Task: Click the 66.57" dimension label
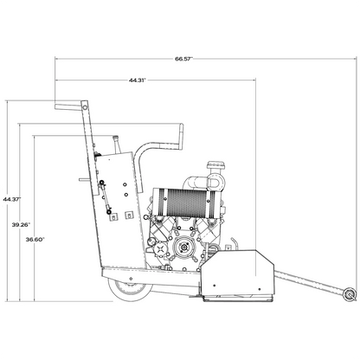coord(183,59)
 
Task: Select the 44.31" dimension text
coord(137,80)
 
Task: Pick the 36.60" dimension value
coord(35,239)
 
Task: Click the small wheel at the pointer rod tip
coord(349,295)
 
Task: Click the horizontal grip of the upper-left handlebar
coord(69,106)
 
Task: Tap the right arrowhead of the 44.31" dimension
coord(256,80)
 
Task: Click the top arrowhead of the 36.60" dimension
coord(34,136)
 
